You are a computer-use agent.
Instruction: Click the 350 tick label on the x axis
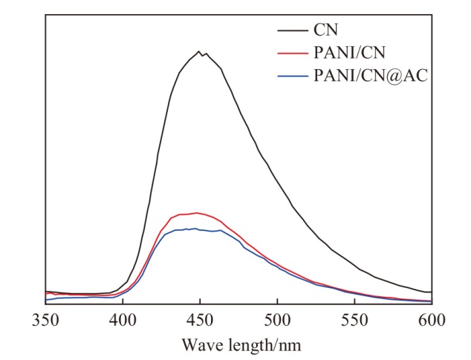tap(45, 320)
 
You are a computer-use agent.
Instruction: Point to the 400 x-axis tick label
tap(123, 320)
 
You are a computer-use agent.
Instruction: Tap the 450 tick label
tap(200, 320)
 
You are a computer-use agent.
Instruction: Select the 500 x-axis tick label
tap(278, 320)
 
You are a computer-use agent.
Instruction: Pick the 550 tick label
tap(355, 320)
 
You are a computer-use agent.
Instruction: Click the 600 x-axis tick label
tap(432, 320)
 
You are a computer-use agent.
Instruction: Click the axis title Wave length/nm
tap(241, 344)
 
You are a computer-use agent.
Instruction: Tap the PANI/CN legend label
tap(349, 53)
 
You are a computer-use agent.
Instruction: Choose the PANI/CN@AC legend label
tap(371, 76)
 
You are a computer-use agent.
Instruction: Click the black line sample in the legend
tap(293, 30)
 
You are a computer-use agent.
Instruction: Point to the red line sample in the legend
tap(293, 53)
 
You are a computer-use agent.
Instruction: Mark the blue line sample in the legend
tap(293, 76)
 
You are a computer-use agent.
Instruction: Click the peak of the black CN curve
tap(198, 51)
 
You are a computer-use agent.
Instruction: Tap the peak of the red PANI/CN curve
tap(197, 213)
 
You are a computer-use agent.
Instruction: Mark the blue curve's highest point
tap(195, 229)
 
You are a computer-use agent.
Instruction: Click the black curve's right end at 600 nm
tap(432, 292)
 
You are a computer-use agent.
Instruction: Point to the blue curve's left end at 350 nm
tap(45, 300)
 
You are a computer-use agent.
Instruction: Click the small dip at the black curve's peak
tap(203, 56)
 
